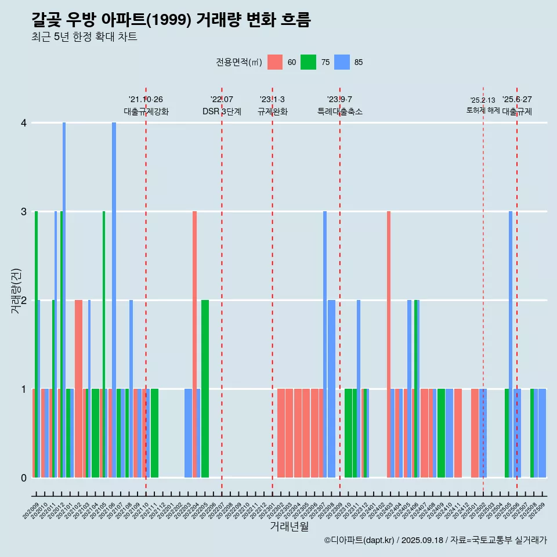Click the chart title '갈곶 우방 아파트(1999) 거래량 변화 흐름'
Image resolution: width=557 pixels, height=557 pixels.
(171, 20)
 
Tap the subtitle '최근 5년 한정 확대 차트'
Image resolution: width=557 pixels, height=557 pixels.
(84, 37)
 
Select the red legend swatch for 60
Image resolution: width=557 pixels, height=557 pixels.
(275, 62)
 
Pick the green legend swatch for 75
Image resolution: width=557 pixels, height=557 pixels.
(308, 62)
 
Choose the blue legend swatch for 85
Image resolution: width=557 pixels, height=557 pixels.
(342, 62)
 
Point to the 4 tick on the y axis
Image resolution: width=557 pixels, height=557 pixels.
(24, 123)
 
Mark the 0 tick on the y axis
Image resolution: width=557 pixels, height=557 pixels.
(24, 478)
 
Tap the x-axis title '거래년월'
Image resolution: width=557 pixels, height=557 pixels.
(289, 526)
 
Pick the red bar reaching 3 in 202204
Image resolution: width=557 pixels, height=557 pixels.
(194, 342)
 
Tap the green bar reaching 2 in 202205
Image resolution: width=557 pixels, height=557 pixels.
(205, 389)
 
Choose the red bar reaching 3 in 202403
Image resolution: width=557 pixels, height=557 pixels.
(389, 342)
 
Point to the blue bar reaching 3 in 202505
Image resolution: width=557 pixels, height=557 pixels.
(511, 342)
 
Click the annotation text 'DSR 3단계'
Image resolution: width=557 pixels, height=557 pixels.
(222, 111)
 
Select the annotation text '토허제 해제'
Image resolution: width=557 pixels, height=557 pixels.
(483, 110)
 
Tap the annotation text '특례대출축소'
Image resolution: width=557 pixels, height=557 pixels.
(340, 111)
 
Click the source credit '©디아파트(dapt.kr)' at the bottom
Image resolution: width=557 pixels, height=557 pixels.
(360, 540)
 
